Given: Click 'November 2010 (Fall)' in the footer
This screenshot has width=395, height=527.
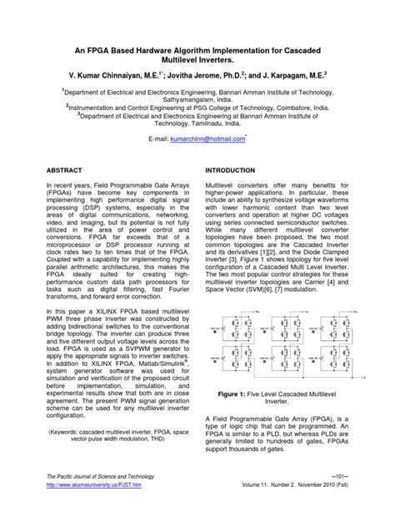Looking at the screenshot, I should pyautogui.click(x=342, y=507).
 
